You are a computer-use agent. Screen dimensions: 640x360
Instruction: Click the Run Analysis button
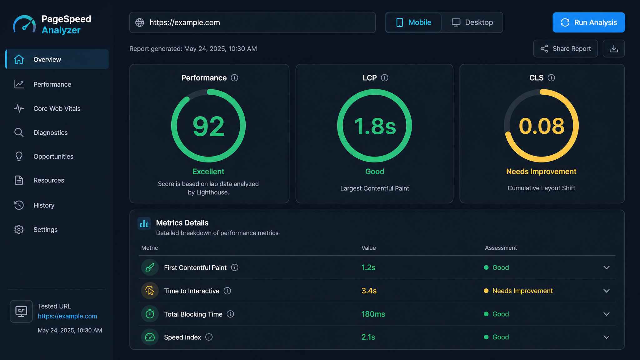click(x=588, y=22)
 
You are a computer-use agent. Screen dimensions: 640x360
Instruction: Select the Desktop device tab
click(x=472, y=22)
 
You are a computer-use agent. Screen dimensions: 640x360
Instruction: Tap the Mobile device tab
click(x=413, y=22)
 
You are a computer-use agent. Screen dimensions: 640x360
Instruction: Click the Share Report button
click(x=565, y=49)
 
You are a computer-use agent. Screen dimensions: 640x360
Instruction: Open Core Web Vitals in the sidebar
click(x=57, y=108)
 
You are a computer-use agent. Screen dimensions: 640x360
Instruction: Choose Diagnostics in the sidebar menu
click(x=51, y=132)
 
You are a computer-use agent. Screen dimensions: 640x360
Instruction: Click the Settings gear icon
click(x=19, y=230)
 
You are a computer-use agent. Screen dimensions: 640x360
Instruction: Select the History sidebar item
click(x=44, y=205)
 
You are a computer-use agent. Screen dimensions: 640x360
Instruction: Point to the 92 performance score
click(x=208, y=126)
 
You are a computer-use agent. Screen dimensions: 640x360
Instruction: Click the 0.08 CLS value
click(x=542, y=126)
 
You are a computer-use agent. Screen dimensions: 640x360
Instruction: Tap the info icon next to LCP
click(x=385, y=78)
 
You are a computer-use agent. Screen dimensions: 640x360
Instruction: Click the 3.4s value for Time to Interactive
click(x=369, y=291)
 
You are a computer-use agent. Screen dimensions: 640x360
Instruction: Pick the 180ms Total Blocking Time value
click(x=373, y=314)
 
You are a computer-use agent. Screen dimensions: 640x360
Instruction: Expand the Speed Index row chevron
click(x=607, y=337)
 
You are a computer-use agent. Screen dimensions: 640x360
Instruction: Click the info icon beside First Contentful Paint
click(x=235, y=267)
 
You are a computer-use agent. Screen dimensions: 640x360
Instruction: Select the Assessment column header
click(x=501, y=248)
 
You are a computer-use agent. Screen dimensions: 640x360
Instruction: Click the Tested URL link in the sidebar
click(x=67, y=316)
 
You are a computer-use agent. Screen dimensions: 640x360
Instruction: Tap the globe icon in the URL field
click(x=140, y=22)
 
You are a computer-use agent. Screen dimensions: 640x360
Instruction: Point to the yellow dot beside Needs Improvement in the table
click(x=486, y=291)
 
